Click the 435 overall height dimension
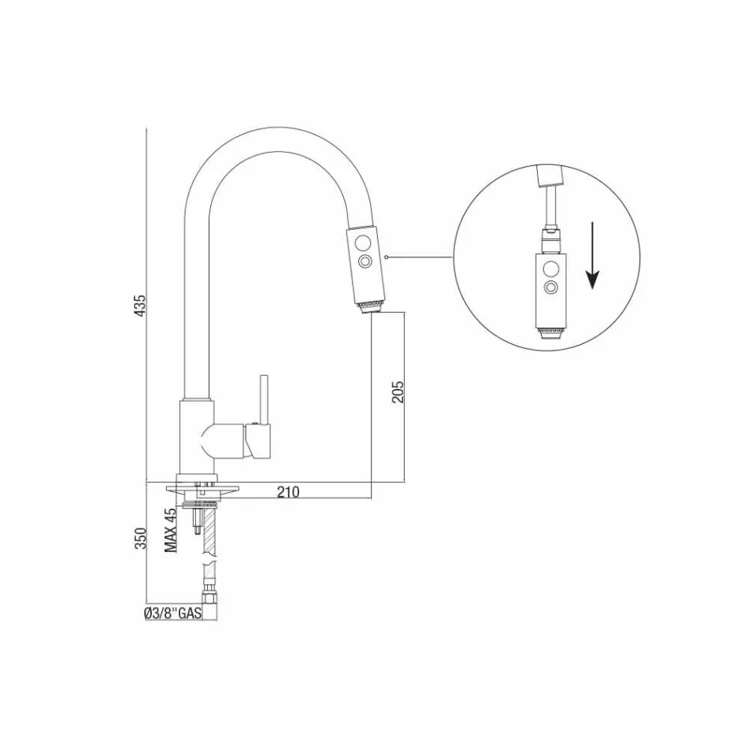140,305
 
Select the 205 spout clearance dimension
398,391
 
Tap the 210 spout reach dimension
288,492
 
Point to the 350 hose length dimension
140,537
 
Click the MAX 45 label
171,530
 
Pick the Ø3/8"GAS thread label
172,614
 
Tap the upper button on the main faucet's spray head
365,242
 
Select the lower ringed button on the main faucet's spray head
365,261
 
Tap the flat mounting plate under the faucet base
202,490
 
